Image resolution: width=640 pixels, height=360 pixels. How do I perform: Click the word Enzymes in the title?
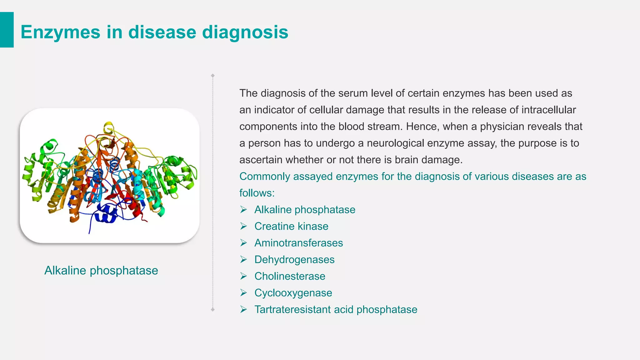60,32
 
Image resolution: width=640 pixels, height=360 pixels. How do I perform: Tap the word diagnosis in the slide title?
245,32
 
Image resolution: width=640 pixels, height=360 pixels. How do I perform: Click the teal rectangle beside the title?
7,30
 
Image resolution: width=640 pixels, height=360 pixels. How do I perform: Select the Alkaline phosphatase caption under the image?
101,271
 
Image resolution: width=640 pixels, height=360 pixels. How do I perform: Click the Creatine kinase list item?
291,226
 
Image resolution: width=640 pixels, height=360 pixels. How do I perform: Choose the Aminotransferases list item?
298,243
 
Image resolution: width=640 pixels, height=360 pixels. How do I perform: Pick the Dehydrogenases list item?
294,260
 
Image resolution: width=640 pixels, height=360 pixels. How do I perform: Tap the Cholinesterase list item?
290,276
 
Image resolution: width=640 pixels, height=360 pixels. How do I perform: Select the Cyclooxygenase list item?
293,293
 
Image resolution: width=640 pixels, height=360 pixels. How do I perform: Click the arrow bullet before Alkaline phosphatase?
244,210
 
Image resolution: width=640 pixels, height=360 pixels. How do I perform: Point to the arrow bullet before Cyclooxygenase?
244,293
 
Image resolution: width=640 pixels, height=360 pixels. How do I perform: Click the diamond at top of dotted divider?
213,76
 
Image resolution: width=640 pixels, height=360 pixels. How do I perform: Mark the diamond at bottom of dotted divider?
213,309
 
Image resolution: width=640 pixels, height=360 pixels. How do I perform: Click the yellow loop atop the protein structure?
109,127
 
